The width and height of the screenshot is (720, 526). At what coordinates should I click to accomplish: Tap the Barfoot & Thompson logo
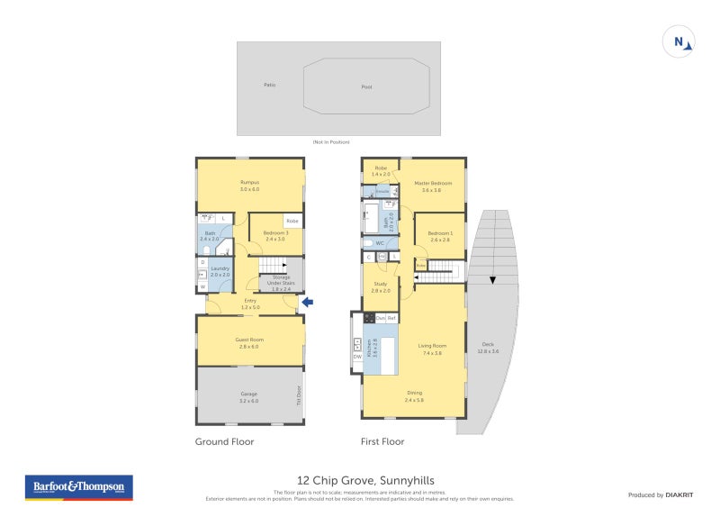click(78, 487)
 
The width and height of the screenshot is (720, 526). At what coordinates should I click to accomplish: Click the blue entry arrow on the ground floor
click(307, 302)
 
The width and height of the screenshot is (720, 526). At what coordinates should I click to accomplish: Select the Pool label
click(365, 87)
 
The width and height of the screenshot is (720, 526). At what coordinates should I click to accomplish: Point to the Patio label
click(269, 85)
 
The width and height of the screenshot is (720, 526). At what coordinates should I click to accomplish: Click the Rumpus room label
click(249, 183)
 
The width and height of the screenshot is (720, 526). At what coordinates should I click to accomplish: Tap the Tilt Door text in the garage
click(298, 394)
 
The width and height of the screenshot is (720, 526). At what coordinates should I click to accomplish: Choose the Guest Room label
click(249, 340)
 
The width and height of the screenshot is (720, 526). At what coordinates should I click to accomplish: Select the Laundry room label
click(220, 268)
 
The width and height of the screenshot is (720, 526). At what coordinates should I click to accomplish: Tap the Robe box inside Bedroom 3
click(292, 221)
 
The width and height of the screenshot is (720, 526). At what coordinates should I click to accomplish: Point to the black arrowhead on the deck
click(492, 279)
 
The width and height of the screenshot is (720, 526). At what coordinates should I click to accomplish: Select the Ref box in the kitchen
click(391, 318)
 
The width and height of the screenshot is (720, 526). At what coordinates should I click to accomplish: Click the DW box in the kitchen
click(357, 357)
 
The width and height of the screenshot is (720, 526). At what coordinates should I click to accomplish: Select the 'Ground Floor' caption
click(224, 442)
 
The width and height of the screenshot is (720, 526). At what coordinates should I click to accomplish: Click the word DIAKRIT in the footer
click(682, 494)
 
